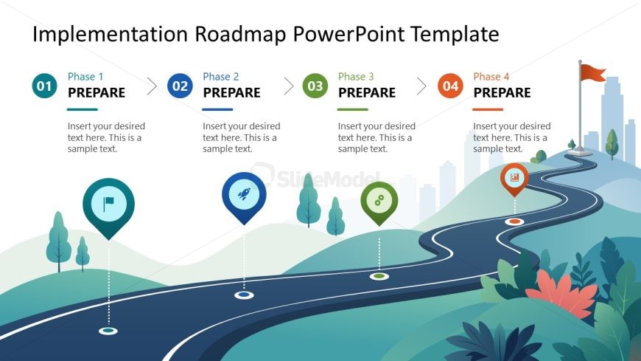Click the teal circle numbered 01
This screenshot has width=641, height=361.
(x=44, y=86)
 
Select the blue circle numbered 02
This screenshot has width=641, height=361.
(x=180, y=86)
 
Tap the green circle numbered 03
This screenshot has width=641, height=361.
(x=315, y=86)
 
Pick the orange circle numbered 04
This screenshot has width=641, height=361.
(x=450, y=86)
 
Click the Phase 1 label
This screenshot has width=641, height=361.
(x=85, y=77)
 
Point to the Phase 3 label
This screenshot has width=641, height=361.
(x=356, y=77)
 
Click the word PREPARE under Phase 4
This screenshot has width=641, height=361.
(x=502, y=92)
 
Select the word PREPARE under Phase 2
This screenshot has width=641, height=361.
(x=232, y=92)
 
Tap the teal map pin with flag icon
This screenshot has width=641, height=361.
(x=108, y=207)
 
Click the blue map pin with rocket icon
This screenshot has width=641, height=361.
(x=244, y=196)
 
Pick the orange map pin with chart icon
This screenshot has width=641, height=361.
(x=514, y=179)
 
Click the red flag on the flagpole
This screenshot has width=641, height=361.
(x=593, y=72)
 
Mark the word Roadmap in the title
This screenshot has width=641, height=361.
(x=240, y=34)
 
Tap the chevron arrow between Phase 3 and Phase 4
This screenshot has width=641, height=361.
(x=421, y=86)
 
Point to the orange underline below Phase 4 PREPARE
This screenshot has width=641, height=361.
(x=488, y=109)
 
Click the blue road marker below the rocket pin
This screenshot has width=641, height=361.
(x=244, y=295)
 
